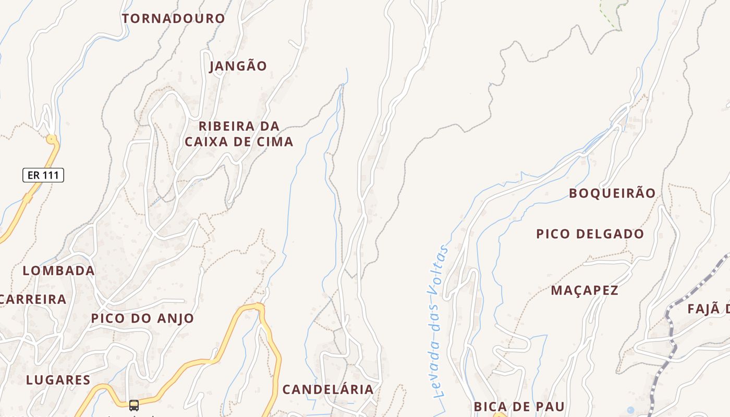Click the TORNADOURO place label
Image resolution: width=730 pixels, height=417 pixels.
(x=173, y=18)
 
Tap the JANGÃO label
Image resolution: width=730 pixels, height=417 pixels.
(x=238, y=66)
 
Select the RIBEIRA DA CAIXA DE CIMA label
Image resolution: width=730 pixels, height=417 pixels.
(x=239, y=134)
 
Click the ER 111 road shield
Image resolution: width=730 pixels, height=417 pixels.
(x=43, y=175)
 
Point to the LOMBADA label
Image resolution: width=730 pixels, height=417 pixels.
(x=58, y=271)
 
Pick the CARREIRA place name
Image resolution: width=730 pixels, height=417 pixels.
(x=33, y=299)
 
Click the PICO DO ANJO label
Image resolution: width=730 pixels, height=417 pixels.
(x=142, y=318)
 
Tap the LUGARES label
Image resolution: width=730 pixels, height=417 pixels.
(x=58, y=379)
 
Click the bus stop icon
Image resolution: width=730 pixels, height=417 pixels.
(x=134, y=405)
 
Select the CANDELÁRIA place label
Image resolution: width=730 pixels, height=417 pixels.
(x=328, y=389)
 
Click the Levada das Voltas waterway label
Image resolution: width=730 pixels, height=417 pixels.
(x=437, y=322)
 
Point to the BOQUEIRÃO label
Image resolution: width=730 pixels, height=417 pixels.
(x=612, y=193)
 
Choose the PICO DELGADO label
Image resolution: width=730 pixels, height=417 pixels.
(x=590, y=234)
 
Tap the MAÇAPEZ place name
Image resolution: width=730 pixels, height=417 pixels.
(x=585, y=290)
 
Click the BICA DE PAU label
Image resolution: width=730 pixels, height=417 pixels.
(x=519, y=406)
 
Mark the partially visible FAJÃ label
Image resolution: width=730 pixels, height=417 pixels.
(x=709, y=309)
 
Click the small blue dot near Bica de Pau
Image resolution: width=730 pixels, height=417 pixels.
(x=631, y=410)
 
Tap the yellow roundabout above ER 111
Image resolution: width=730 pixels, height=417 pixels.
(x=51, y=139)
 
